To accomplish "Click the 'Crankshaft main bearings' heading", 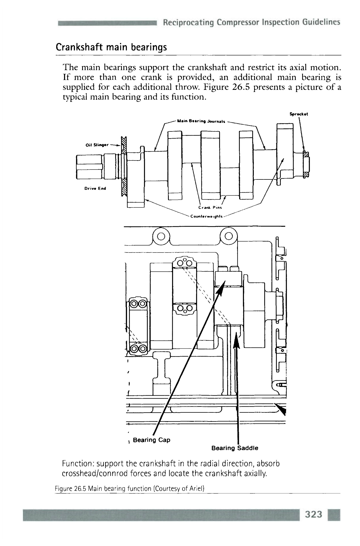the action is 111,47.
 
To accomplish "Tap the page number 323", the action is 314,514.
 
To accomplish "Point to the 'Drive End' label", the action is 95,188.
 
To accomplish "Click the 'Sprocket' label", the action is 299,114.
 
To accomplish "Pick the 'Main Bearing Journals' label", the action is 201,122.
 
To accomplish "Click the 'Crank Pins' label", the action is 210,207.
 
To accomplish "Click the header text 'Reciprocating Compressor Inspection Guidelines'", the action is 251,22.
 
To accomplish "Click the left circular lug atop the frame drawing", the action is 161,236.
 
